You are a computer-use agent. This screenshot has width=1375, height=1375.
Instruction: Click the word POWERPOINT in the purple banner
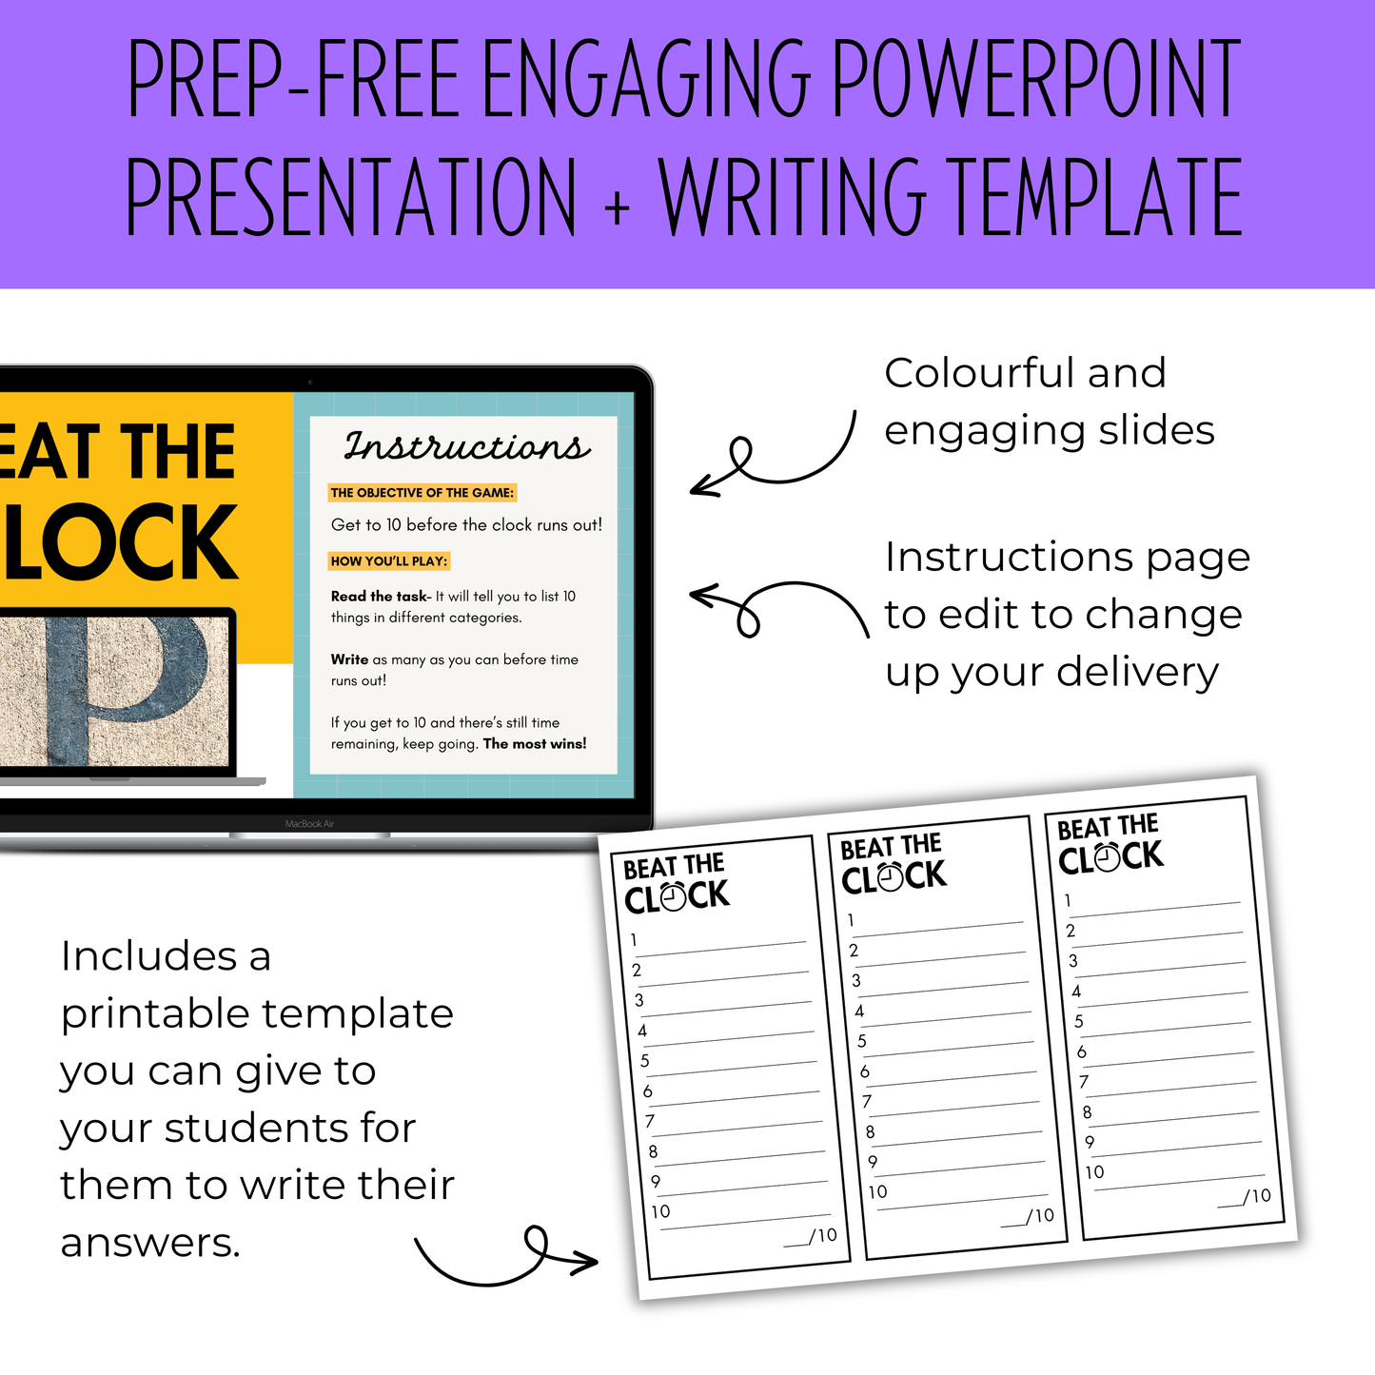point(1037,78)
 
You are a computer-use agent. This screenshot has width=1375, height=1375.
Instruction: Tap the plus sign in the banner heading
point(618,207)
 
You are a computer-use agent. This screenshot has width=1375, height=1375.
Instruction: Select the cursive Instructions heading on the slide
point(467,446)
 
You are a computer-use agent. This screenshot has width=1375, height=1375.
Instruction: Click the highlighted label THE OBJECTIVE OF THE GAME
point(422,492)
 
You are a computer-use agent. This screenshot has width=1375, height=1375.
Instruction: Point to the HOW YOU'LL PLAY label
point(389,560)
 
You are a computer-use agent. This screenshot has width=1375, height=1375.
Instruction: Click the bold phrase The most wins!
point(535,743)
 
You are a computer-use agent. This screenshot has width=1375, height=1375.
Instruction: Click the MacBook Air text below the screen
point(309,823)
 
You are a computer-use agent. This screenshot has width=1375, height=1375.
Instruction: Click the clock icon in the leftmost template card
point(673,897)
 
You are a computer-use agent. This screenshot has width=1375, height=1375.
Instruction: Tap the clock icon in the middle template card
point(890,877)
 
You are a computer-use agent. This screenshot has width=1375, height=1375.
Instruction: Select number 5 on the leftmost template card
point(644,1061)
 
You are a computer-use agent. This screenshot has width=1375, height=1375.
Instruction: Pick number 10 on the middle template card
point(877,1191)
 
